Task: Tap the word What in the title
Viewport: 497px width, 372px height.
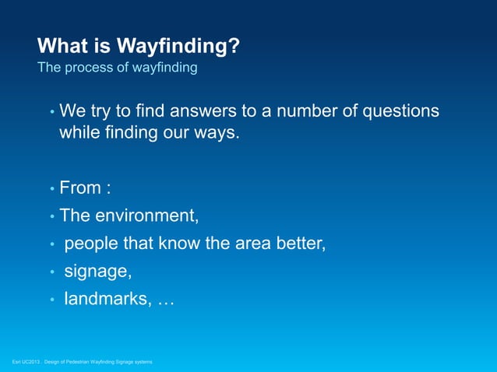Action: pyautogui.click(x=63, y=47)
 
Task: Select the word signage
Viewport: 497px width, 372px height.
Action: pyautogui.click(x=97, y=272)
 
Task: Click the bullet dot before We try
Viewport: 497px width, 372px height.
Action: pyautogui.click(x=52, y=113)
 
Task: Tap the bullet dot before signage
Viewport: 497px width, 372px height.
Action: pyautogui.click(x=52, y=273)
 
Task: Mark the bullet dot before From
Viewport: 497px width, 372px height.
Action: pyautogui.click(x=52, y=190)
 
